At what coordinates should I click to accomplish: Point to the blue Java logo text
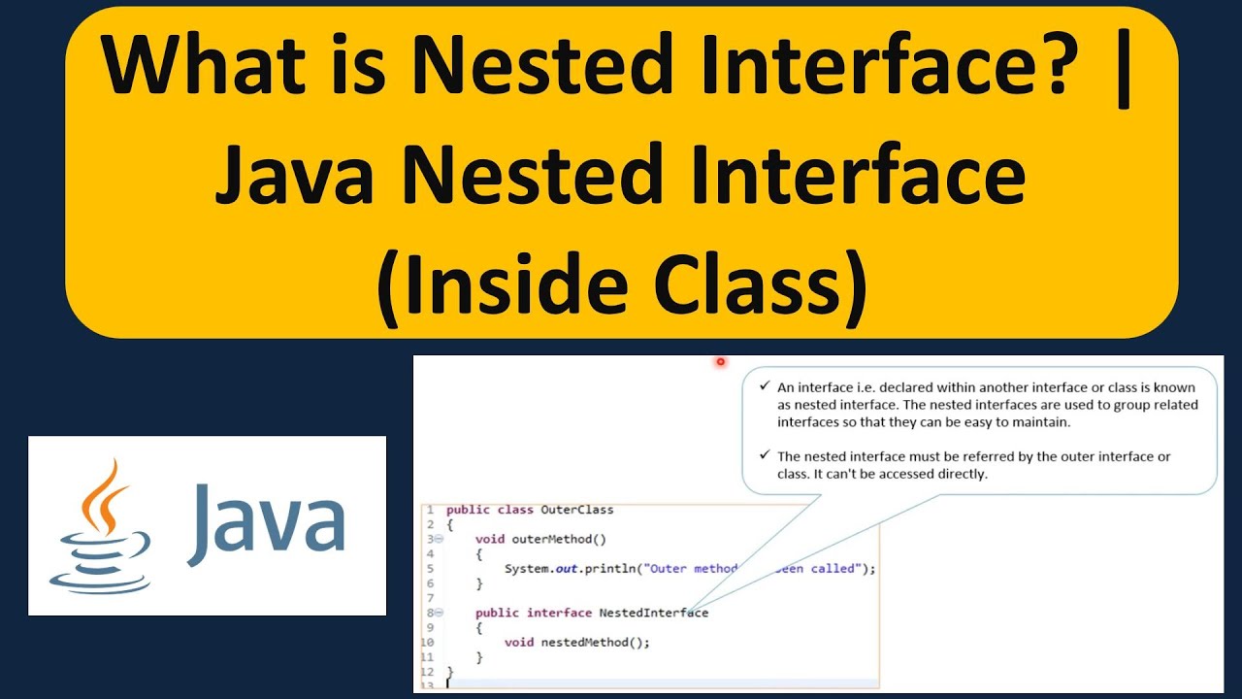click(x=268, y=525)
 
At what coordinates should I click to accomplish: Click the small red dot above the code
click(x=721, y=362)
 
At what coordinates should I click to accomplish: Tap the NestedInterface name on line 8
click(x=653, y=613)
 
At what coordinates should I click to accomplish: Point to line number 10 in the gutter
click(x=428, y=642)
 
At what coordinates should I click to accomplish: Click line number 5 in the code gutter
click(x=429, y=569)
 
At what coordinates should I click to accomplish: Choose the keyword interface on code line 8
click(x=559, y=613)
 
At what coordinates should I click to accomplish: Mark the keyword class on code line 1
click(x=515, y=510)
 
